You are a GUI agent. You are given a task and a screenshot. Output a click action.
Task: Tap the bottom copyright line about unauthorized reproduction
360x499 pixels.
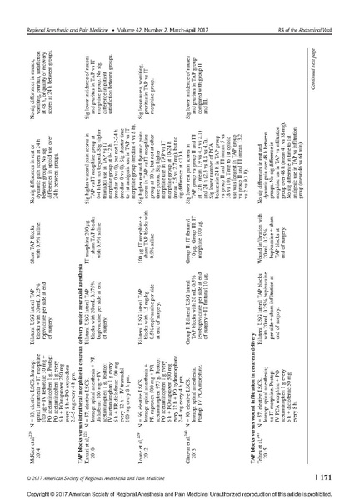pyautogui.click(x=180, y=493)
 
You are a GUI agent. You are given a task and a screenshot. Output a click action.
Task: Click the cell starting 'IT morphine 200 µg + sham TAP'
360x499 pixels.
pyautogui.click(x=117, y=226)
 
